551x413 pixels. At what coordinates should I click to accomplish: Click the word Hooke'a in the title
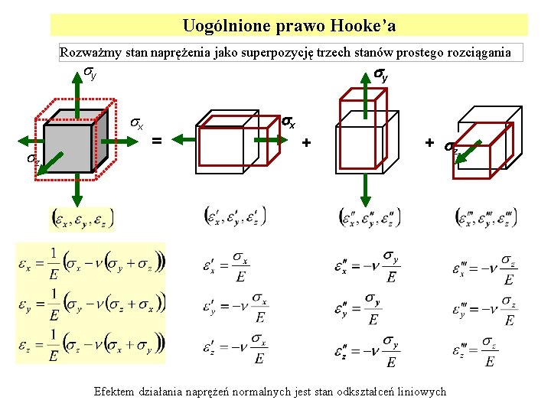point(364,26)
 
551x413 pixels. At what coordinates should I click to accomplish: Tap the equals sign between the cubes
point(157,140)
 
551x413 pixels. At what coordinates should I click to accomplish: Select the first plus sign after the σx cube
point(306,142)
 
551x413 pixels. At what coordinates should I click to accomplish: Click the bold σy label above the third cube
point(380,74)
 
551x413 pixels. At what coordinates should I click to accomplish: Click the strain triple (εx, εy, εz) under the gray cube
point(83,218)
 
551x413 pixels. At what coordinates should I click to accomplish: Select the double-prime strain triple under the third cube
point(370,217)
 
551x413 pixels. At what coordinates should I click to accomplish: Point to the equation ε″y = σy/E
point(363,309)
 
